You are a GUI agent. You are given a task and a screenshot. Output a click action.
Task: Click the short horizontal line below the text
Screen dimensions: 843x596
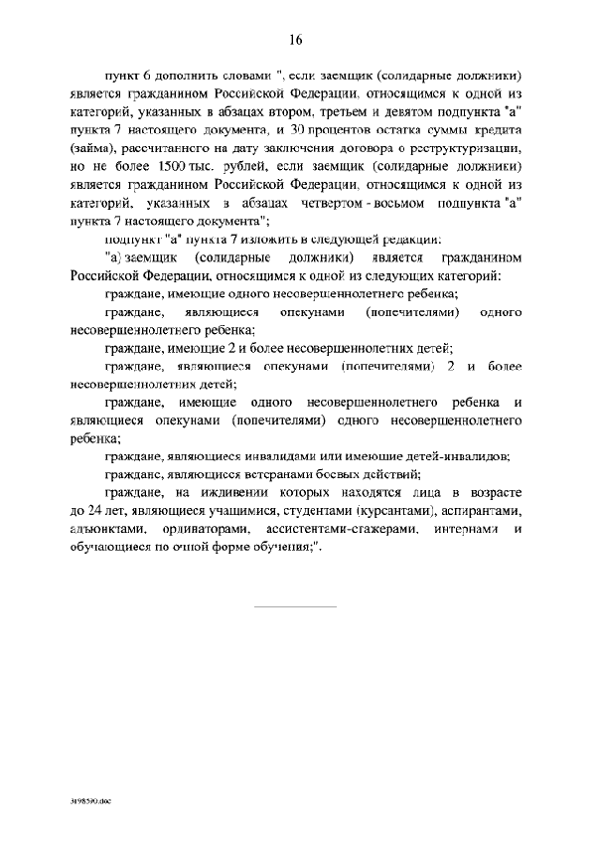tap(297, 605)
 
